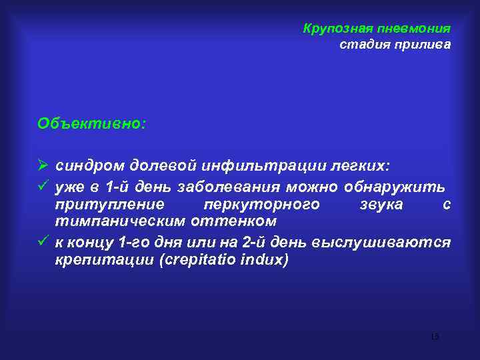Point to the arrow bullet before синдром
[x=44, y=164]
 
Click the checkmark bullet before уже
[x=44, y=185]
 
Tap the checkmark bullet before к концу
[x=44, y=241]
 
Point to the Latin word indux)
[x=265, y=259]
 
